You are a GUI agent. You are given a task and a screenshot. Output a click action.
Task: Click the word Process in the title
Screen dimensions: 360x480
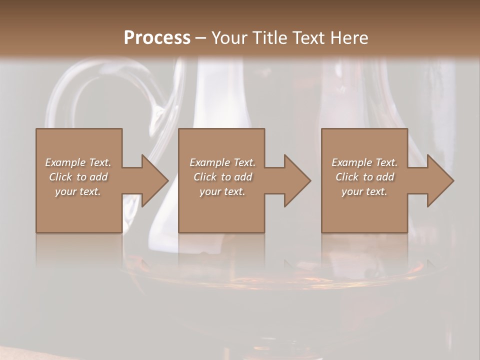pos(157,38)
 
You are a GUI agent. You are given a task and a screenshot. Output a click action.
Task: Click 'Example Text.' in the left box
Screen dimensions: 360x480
pos(78,162)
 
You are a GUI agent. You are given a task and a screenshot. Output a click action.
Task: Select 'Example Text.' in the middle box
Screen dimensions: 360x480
pos(222,162)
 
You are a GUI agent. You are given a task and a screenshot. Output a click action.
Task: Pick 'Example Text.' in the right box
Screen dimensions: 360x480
pos(364,162)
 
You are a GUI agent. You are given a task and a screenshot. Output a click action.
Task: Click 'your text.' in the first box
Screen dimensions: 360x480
pos(78,191)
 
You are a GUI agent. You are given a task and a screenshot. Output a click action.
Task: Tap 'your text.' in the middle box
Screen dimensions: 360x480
pos(222,191)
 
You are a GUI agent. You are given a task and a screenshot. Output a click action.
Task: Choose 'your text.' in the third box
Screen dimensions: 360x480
pos(364,191)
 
